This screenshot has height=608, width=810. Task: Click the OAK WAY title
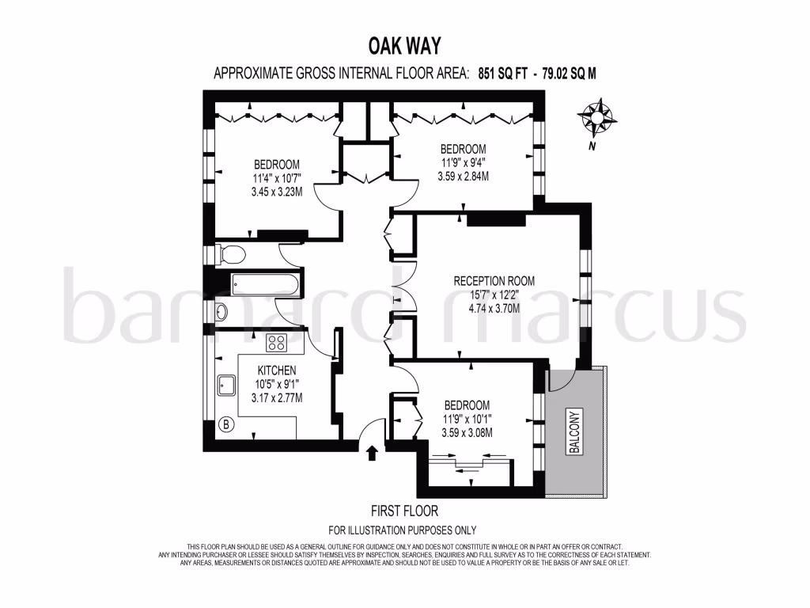[x=404, y=44]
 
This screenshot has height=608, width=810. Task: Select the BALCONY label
[x=574, y=432]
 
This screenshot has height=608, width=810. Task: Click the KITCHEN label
[x=276, y=370]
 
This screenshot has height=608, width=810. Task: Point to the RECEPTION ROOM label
[x=494, y=280]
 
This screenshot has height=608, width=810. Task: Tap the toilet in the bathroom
[x=231, y=254]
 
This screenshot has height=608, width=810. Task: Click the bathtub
[x=263, y=283]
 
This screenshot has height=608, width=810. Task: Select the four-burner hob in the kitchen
[x=276, y=343]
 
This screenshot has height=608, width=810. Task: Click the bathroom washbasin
[x=221, y=310]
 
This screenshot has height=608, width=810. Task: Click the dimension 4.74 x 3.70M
[x=494, y=309]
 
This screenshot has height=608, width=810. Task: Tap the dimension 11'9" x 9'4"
[x=463, y=163]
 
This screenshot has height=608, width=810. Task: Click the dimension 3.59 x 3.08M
[x=467, y=432]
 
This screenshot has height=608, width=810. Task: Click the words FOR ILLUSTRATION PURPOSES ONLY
[x=403, y=530]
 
